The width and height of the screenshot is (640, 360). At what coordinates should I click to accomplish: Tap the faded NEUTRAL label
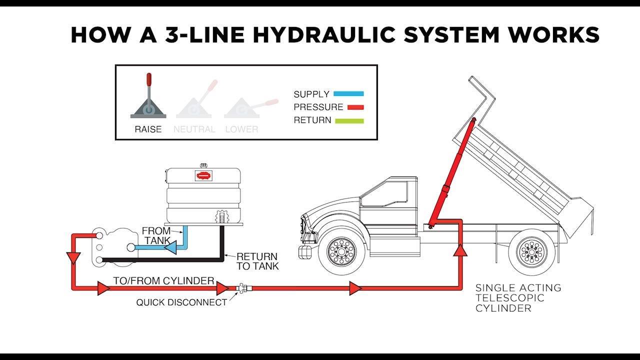click(194, 129)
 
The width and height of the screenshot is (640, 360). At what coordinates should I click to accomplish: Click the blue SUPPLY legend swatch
click(348, 93)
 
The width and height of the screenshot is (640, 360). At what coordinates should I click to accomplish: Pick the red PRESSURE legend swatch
click(355, 107)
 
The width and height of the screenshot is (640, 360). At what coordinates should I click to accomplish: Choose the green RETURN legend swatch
click(349, 121)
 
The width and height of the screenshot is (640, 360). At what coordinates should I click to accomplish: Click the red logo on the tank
click(203, 175)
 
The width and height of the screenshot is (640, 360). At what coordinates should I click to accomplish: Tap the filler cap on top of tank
click(203, 165)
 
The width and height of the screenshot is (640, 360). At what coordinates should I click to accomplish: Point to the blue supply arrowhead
click(171, 247)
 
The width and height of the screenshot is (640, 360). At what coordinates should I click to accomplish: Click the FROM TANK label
click(156, 235)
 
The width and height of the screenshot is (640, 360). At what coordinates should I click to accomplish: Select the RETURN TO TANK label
click(257, 261)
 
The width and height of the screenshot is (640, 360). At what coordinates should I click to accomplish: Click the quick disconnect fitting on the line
click(244, 288)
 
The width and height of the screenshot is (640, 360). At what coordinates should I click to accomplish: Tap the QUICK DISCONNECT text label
click(181, 302)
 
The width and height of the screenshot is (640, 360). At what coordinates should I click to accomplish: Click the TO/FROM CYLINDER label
click(163, 281)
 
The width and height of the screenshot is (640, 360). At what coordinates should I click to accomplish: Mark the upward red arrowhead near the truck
click(460, 250)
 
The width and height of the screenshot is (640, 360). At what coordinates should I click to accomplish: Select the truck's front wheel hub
click(341, 252)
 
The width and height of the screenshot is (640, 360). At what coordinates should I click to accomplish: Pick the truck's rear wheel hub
click(532, 252)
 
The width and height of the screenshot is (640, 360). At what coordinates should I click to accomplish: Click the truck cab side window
click(384, 194)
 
